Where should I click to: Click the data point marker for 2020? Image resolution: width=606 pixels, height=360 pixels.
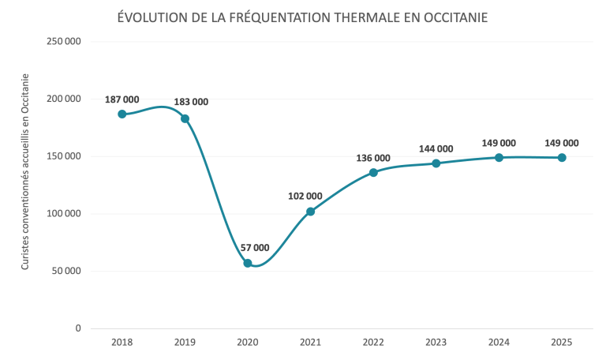point(248,263)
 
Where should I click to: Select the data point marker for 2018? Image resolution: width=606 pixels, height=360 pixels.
point(122,114)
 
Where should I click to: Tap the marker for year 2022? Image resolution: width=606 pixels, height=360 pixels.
point(373,172)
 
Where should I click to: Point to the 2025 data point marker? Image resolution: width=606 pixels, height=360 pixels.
point(562,157)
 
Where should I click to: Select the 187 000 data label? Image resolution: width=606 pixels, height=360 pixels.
point(122,99)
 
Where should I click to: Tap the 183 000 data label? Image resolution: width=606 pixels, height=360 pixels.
point(191,102)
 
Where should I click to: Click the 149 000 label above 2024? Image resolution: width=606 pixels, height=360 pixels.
point(499,143)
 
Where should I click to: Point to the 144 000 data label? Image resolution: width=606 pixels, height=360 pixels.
point(436,148)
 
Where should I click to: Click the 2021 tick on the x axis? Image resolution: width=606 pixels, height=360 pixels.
point(310,343)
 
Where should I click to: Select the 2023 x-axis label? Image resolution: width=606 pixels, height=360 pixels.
point(436,343)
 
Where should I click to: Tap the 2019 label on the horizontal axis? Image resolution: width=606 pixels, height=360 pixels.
point(185,343)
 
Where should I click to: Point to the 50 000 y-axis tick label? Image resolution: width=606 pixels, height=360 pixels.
point(67,271)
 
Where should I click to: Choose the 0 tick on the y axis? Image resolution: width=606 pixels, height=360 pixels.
point(78,328)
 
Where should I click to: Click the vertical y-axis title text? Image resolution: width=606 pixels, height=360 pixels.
point(25,171)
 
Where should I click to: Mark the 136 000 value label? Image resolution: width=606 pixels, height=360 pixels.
point(373,158)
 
